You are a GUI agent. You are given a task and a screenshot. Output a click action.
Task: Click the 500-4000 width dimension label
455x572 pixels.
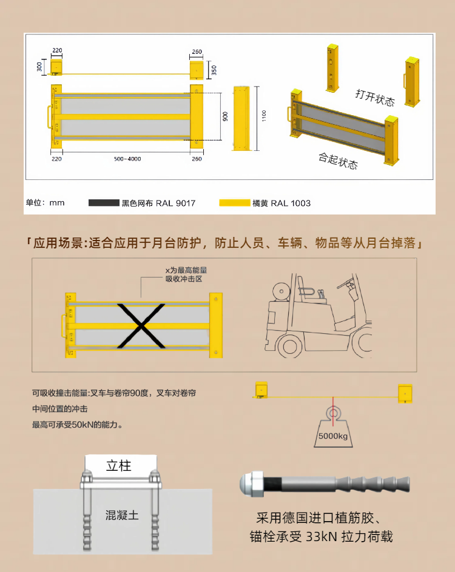click(x=127, y=159)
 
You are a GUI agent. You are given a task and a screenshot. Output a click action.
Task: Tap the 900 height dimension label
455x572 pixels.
click(x=225, y=116)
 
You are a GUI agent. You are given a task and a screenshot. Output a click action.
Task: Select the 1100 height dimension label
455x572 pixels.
click(x=264, y=116)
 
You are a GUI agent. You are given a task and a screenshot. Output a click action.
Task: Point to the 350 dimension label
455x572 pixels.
click(x=214, y=70)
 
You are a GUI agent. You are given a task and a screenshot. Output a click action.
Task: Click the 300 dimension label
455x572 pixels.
click(x=39, y=67)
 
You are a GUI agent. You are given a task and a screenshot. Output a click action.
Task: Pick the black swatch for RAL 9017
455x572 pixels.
click(x=104, y=203)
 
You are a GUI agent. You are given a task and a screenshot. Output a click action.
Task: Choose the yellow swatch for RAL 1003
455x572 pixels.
click(x=234, y=203)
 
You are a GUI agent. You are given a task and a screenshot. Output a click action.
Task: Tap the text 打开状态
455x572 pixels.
click(x=375, y=98)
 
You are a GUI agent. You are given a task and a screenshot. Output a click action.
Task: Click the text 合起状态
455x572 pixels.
click(x=338, y=161)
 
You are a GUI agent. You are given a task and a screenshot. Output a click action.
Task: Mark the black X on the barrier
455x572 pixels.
click(x=141, y=326)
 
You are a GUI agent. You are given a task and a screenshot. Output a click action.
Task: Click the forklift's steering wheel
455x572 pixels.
click(x=346, y=281)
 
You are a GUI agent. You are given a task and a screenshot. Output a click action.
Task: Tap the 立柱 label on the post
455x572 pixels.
click(x=119, y=466)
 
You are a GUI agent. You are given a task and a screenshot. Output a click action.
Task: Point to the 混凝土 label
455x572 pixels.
click(x=122, y=515)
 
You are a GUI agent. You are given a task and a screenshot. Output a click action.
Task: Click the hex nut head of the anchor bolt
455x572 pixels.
click(x=251, y=484)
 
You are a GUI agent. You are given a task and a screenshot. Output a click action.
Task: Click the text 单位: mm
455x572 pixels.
click(x=45, y=202)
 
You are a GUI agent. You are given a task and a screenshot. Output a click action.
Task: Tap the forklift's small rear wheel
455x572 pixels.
click(x=290, y=346)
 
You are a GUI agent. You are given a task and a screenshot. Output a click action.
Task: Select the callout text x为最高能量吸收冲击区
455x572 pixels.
click(x=186, y=274)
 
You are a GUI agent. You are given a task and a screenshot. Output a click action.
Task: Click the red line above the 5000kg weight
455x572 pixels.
click(x=332, y=411)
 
